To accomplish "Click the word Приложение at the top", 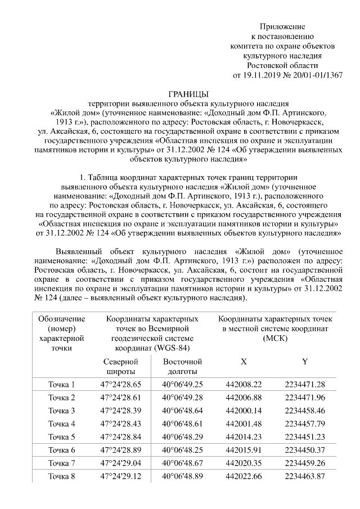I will pyautogui.click(x=282, y=27).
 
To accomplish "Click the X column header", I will pyautogui.click(x=244, y=362).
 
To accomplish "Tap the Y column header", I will pyautogui.click(x=305, y=362).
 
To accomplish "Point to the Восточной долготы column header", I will pyautogui.click(x=182, y=367).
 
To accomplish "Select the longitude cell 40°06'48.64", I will pyautogui.click(x=182, y=411).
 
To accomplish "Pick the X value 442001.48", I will pyautogui.click(x=244, y=424).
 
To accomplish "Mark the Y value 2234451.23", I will pyautogui.click(x=305, y=436).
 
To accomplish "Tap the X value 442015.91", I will pyautogui.click(x=244, y=449).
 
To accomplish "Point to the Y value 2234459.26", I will pyautogui.click(x=305, y=462).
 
